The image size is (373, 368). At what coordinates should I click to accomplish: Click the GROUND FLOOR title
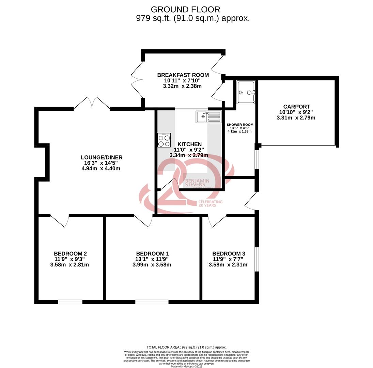[x=185, y=10]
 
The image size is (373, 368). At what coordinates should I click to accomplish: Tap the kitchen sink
[x=208, y=117]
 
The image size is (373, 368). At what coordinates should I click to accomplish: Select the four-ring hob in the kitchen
[x=164, y=140]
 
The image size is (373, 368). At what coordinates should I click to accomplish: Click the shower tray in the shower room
[x=246, y=92]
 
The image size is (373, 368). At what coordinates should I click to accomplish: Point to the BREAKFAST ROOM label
[x=183, y=75]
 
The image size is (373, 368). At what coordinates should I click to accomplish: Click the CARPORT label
[x=296, y=107]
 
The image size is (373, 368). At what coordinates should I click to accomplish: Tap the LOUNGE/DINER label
[x=102, y=157]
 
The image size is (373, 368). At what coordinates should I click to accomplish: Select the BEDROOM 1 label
[x=152, y=254]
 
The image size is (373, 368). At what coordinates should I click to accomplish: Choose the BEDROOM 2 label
[x=70, y=254]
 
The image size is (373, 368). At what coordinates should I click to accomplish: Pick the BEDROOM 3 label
[x=229, y=254]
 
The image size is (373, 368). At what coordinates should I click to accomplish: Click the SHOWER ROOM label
[x=240, y=125]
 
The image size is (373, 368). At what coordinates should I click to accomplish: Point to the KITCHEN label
[x=187, y=144]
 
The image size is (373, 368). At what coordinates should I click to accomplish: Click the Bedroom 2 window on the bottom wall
[x=70, y=302]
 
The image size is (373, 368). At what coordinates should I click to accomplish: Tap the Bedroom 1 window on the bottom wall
[x=152, y=302]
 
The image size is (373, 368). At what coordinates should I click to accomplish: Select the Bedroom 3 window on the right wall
[x=257, y=259]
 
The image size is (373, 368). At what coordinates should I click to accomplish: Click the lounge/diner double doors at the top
[x=92, y=103]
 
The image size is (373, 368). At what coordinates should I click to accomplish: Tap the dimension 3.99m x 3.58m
[x=152, y=265]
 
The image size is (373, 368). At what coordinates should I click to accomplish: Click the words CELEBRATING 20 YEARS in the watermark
[x=210, y=203]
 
